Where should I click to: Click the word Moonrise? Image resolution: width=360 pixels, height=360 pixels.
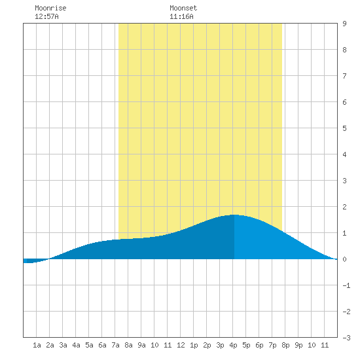point(50,8)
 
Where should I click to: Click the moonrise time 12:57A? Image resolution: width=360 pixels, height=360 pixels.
point(46,16)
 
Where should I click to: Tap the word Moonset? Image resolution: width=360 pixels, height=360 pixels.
point(183,8)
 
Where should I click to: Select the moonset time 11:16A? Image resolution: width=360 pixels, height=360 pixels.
point(181,16)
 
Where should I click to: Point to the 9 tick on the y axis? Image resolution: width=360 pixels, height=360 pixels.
point(344,24)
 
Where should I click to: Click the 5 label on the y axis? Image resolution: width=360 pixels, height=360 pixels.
point(344,128)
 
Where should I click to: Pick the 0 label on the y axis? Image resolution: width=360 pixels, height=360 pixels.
point(344,259)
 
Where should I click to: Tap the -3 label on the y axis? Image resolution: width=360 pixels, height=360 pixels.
point(346,338)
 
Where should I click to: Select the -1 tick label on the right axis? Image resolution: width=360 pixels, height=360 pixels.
point(346,285)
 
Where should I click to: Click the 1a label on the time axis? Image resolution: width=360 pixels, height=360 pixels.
point(37,345)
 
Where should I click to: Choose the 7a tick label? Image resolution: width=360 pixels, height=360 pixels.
point(115,345)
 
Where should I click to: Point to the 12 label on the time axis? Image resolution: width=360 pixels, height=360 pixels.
point(181,345)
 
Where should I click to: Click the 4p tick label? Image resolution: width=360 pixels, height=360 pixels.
point(233,345)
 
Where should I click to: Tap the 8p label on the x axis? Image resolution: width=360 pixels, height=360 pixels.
point(285,345)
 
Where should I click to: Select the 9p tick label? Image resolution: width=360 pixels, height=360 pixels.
point(298,345)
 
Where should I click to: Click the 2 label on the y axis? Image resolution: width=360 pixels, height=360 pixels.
point(344,207)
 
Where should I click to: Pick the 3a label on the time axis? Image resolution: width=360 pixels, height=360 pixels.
point(63,345)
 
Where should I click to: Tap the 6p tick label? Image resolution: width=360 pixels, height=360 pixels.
point(259,345)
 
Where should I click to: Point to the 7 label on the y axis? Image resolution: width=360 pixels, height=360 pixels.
point(344,76)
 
